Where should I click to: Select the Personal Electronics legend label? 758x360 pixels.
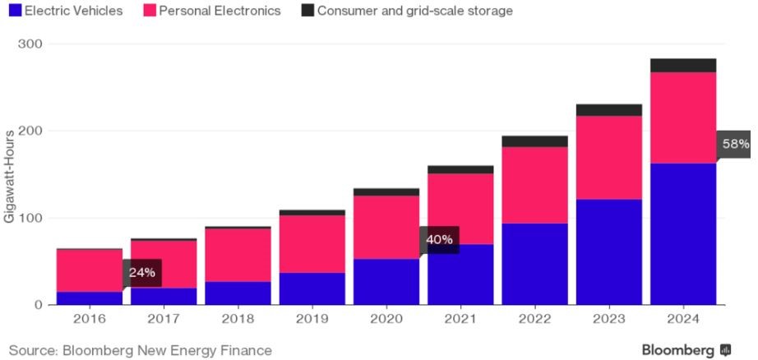[x=219, y=11]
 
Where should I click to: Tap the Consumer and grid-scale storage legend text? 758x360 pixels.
[x=414, y=11]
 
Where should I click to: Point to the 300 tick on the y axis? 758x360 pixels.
[x=30, y=44]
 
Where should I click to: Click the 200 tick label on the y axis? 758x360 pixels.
[x=30, y=131]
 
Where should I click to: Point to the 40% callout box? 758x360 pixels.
[x=439, y=240]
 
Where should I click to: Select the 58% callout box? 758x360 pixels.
[x=735, y=144]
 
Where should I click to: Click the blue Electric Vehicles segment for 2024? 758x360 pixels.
[x=683, y=234]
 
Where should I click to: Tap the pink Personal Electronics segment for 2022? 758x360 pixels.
[x=534, y=185]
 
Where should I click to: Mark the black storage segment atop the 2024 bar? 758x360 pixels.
[x=683, y=66]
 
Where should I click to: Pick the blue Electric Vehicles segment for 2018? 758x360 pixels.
[x=238, y=293]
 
